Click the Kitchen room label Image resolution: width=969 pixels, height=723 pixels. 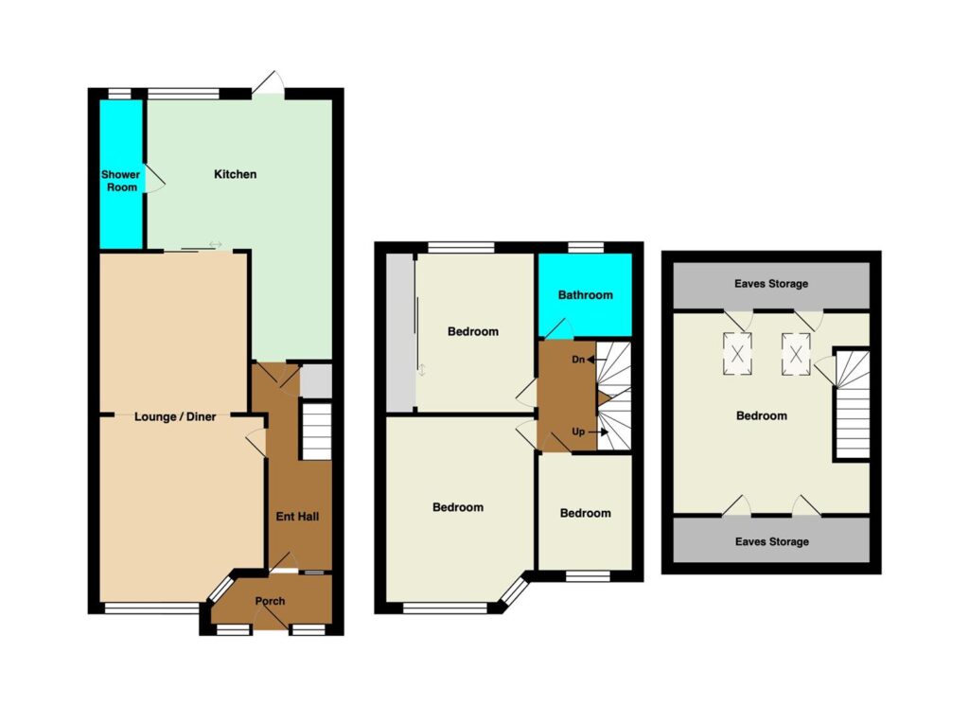[235, 174]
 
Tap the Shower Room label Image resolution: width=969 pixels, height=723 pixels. [121, 181]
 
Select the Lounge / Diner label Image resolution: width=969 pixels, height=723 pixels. [175, 417]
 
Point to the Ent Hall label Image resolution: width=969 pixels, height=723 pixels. [297, 517]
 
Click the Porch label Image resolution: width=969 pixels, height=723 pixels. [270, 601]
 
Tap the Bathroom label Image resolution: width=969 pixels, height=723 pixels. [585, 294]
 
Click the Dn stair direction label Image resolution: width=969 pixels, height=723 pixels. [578, 359]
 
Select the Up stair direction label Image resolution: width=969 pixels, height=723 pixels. [578, 432]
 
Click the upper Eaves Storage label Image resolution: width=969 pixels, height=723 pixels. [771, 284]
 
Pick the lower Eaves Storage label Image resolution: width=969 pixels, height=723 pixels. [772, 542]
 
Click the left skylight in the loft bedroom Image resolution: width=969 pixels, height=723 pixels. [737, 354]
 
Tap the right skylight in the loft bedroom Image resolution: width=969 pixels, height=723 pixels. [796, 354]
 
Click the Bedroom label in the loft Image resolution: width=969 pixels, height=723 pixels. [762, 415]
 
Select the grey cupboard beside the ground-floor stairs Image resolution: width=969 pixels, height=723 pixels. [316, 381]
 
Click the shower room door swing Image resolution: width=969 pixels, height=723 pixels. [154, 179]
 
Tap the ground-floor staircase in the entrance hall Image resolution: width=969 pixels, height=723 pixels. [316, 432]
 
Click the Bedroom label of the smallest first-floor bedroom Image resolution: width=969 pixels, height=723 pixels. [585, 513]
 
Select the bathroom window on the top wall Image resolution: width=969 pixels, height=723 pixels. [586, 247]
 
